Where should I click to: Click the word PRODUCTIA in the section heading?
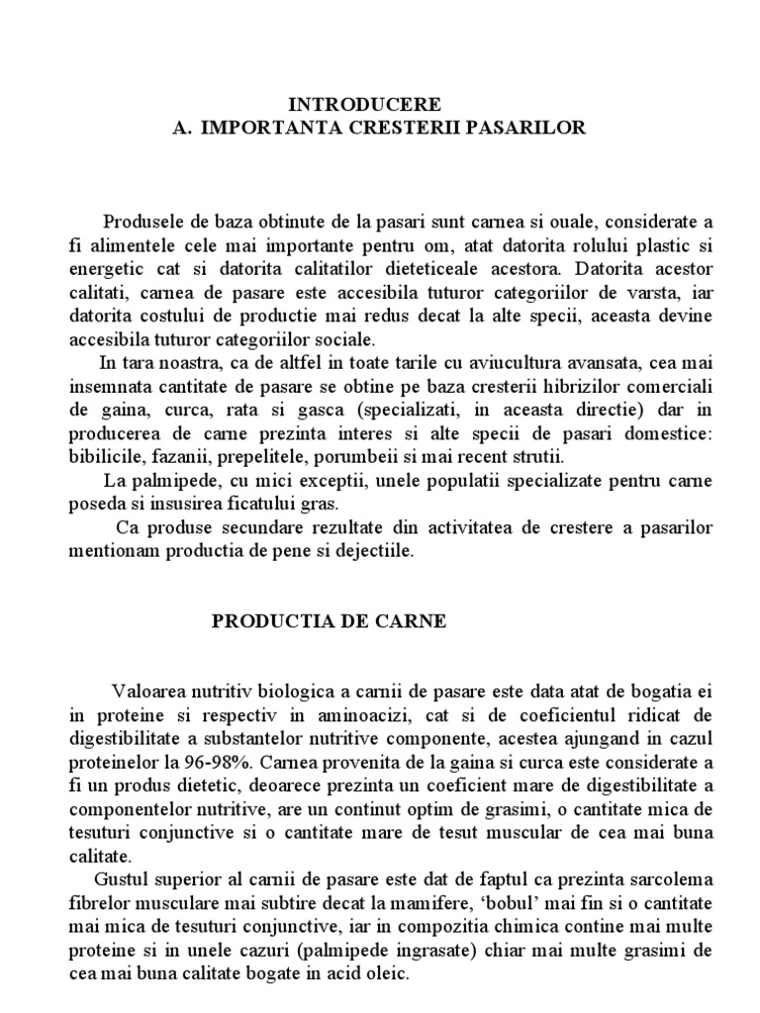[266, 622]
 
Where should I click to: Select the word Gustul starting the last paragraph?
[121, 879]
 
